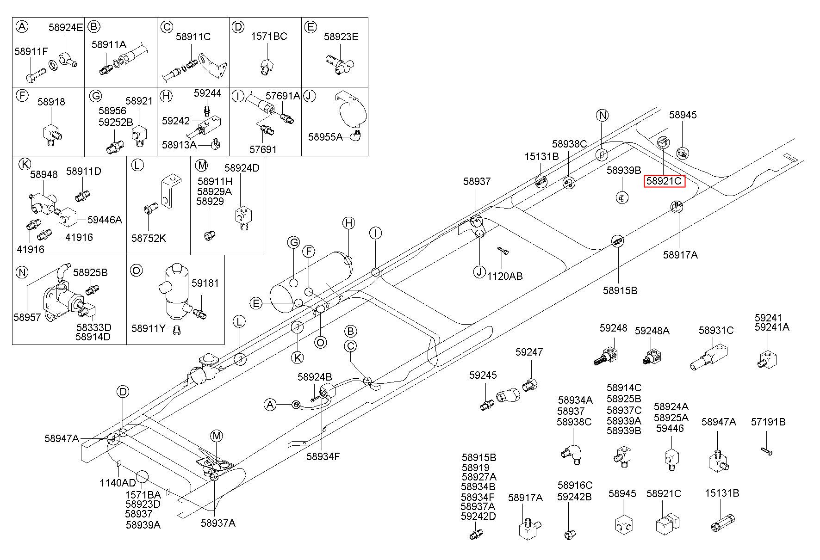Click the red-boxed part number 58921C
pos(664,181)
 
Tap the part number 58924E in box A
pos(66,27)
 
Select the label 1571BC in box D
pos(269,36)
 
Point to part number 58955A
pos(325,137)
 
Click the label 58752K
pos(149,238)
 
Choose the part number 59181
pos(205,283)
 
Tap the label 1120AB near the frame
pos(505,276)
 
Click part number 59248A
pos(652,331)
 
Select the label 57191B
pos(768,422)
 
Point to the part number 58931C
pos(716,330)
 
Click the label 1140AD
pos(118,483)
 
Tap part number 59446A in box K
pos(105,220)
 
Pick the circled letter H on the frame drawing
pos(349,223)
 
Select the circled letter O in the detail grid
pos(136,270)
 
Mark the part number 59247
pos(529,352)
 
